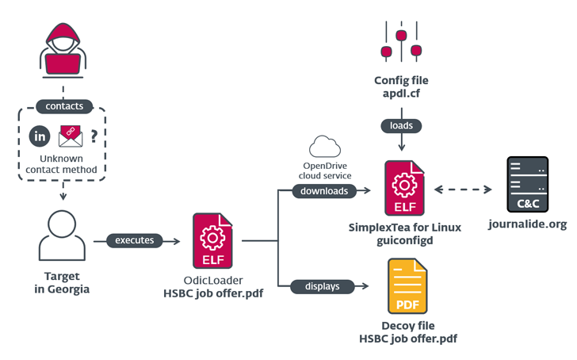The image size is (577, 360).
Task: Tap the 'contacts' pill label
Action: (x=63, y=106)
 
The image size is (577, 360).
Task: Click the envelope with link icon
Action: (x=70, y=136)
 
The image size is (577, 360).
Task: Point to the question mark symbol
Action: (x=94, y=136)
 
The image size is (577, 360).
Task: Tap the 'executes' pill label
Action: (x=135, y=239)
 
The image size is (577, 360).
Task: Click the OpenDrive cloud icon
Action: (x=324, y=147)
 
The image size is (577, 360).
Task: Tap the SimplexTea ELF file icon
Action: (x=404, y=189)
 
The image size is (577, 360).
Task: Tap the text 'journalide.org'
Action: (x=528, y=224)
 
